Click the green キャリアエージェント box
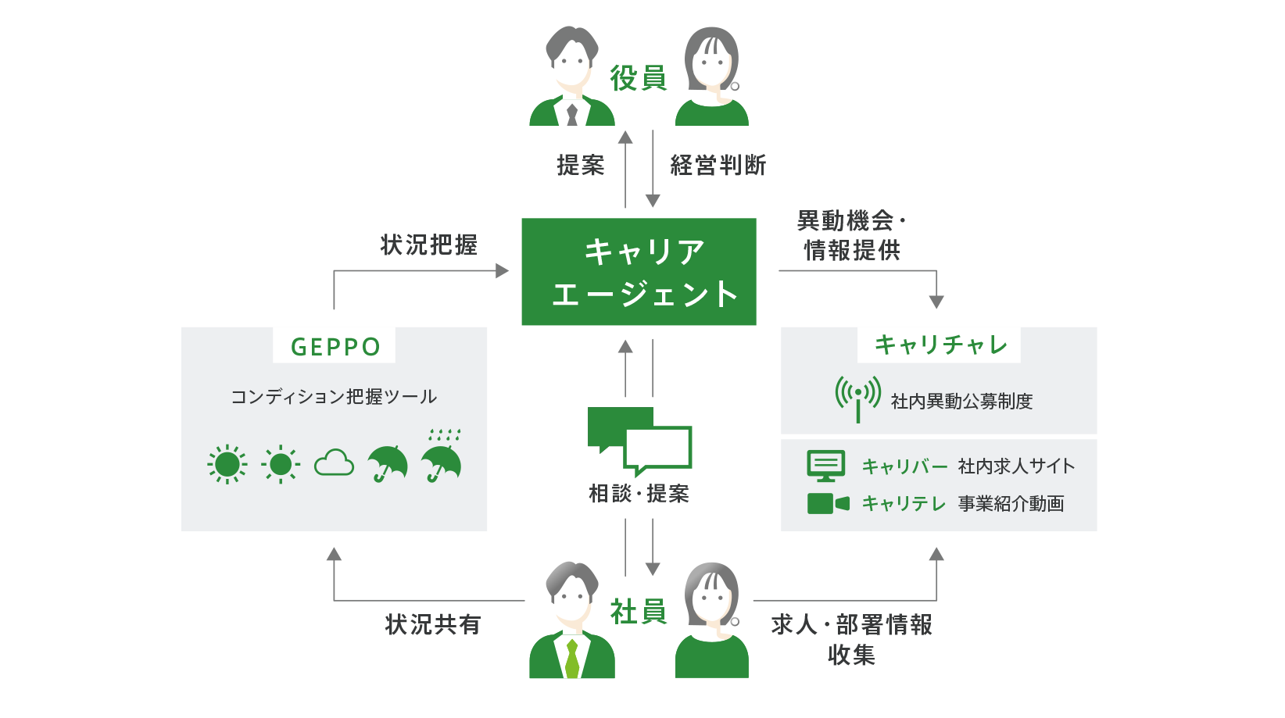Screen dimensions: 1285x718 (x=639, y=271)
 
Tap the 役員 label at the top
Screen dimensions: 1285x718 (x=638, y=78)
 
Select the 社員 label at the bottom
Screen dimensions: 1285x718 (x=638, y=611)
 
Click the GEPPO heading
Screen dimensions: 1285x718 (x=335, y=347)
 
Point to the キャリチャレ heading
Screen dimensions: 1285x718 (x=940, y=345)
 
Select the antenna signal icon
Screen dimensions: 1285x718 (x=857, y=398)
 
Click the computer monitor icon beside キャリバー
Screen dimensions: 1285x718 (x=825, y=466)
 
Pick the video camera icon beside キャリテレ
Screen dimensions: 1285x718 (x=828, y=503)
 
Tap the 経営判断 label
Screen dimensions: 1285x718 (x=718, y=166)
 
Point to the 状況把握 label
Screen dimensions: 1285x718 (x=428, y=245)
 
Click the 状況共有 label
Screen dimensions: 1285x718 (x=433, y=624)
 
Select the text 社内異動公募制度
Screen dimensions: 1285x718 (x=961, y=401)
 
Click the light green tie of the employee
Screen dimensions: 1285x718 (x=571, y=659)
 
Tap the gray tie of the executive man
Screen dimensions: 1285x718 (x=572, y=114)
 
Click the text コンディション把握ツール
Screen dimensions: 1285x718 (x=334, y=397)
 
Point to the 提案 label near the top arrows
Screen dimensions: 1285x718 (x=581, y=166)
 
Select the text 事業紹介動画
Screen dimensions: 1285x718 (x=1011, y=503)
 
